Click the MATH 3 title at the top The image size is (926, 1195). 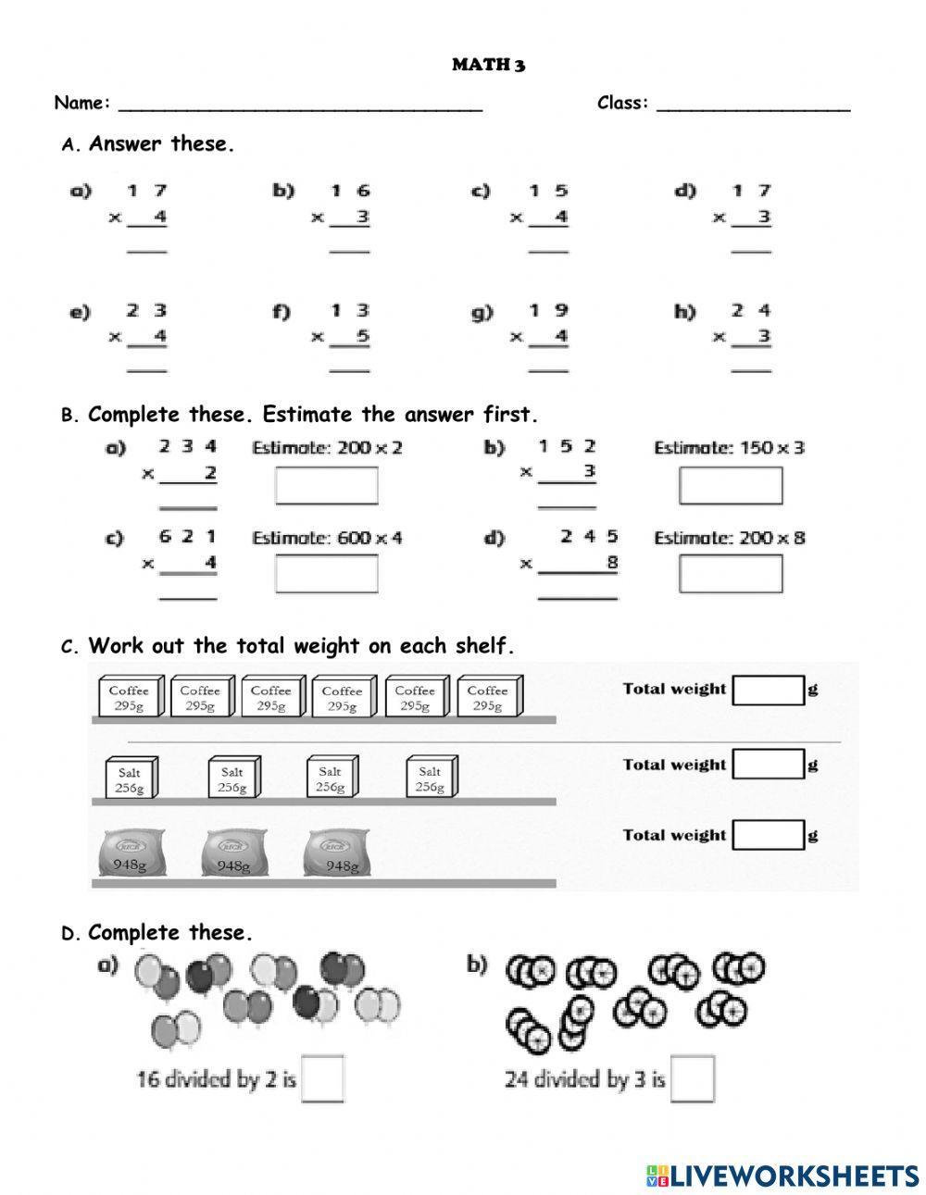pos(488,65)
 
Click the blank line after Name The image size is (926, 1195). pos(300,105)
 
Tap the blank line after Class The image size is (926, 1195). pos(753,105)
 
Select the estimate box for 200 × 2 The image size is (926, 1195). pos(326,486)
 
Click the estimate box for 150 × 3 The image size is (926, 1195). pos(730,486)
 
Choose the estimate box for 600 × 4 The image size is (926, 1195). pos(326,574)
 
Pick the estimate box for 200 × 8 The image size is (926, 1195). pos(730,574)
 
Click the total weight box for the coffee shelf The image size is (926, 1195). pos(768,690)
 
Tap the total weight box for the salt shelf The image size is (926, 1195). pos(768,765)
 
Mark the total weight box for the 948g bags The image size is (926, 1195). pos(768,835)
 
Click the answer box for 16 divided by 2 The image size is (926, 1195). pos(323,1078)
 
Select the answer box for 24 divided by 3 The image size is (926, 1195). pos(694,1078)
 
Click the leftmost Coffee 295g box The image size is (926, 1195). pos(130,697)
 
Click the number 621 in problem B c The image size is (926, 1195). pos(187,537)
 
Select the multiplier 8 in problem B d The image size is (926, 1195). pos(611,562)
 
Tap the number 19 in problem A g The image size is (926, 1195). pos(548,311)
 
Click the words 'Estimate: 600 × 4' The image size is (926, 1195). pos(327,538)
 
